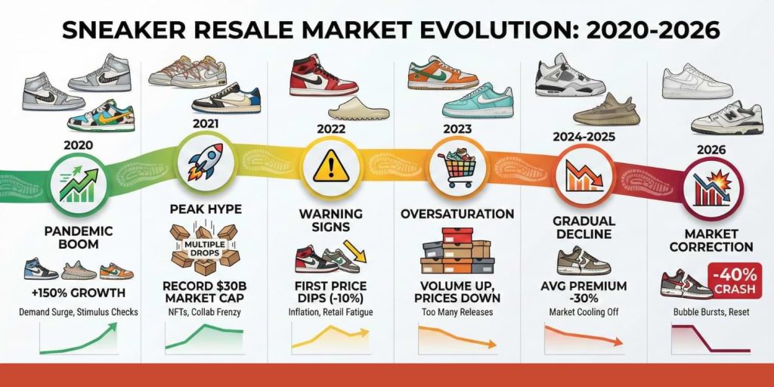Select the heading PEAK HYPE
tap(203, 207)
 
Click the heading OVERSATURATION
tap(457, 214)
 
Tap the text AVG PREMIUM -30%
tap(583, 293)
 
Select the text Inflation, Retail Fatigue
tap(330, 311)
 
